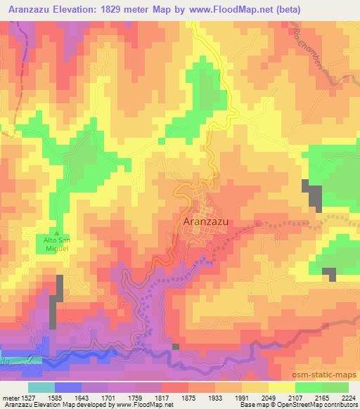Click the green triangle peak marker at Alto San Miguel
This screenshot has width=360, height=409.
click(57, 234)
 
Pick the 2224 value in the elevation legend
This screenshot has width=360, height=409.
click(348, 397)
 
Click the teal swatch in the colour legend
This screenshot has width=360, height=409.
click(41, 387)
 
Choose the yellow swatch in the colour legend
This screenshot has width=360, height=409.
click(281, 387)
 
